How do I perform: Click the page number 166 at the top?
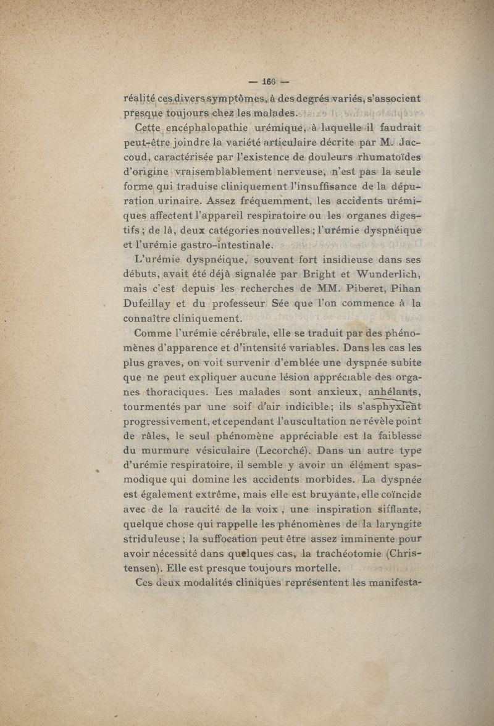[x=269, y=81]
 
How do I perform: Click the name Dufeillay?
[x=150, y=304]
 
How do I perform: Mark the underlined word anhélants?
[x=394, y=392]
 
